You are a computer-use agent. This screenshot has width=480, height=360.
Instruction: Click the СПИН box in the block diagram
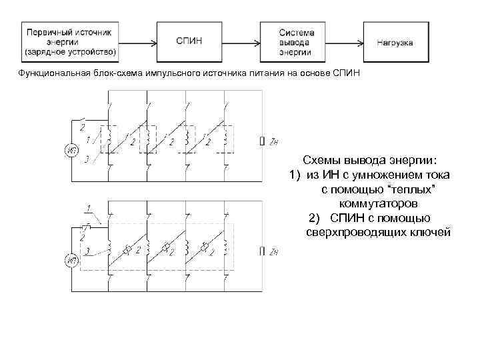(x=190, y=41)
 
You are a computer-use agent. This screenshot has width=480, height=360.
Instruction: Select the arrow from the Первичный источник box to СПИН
(x=139, y=41)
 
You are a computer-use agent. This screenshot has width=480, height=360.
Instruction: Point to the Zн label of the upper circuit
(x=273, y=141)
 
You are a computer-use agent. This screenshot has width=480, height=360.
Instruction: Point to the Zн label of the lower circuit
(x=273, y=251)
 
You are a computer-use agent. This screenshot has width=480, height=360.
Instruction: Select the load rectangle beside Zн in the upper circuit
(x=261, y=141)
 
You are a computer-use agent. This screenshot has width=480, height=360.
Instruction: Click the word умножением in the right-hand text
(x=377, y=175)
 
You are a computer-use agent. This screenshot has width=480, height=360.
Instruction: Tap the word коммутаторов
(x=379, y=203)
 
